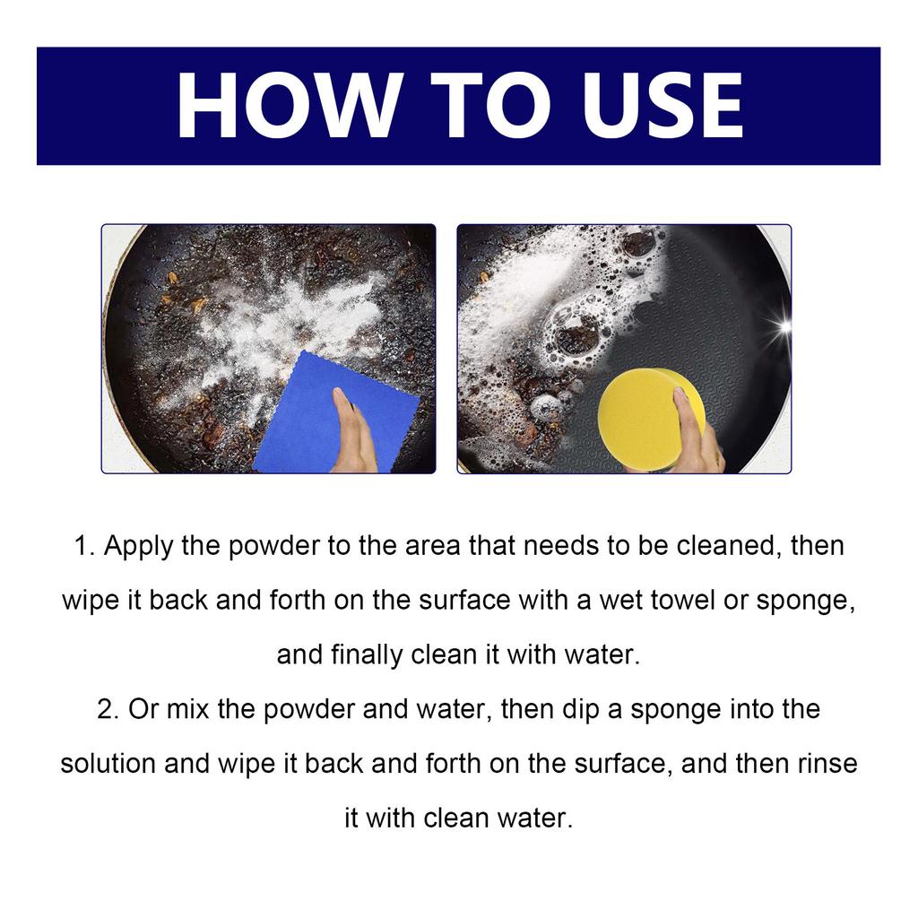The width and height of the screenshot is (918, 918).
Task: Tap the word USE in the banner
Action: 658,106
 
